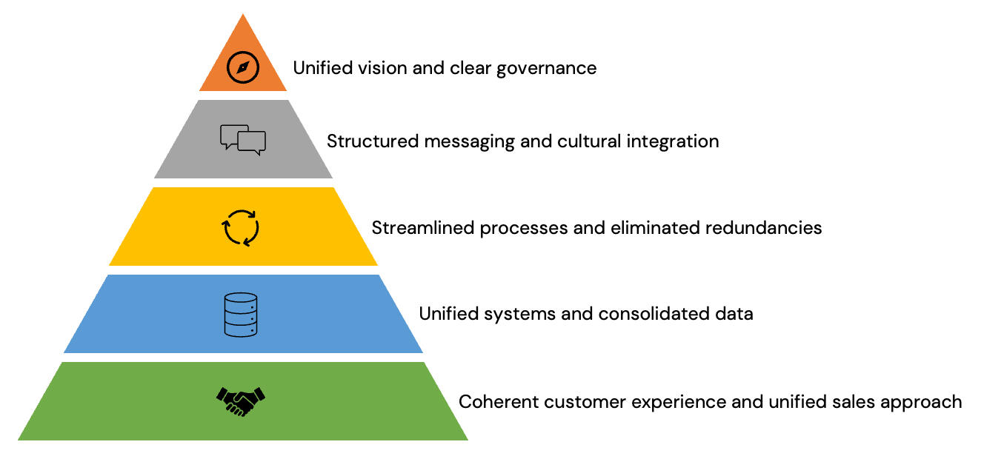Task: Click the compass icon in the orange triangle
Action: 242,67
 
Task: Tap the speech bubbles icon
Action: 243,140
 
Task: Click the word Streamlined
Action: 423,227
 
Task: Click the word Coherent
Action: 499,402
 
